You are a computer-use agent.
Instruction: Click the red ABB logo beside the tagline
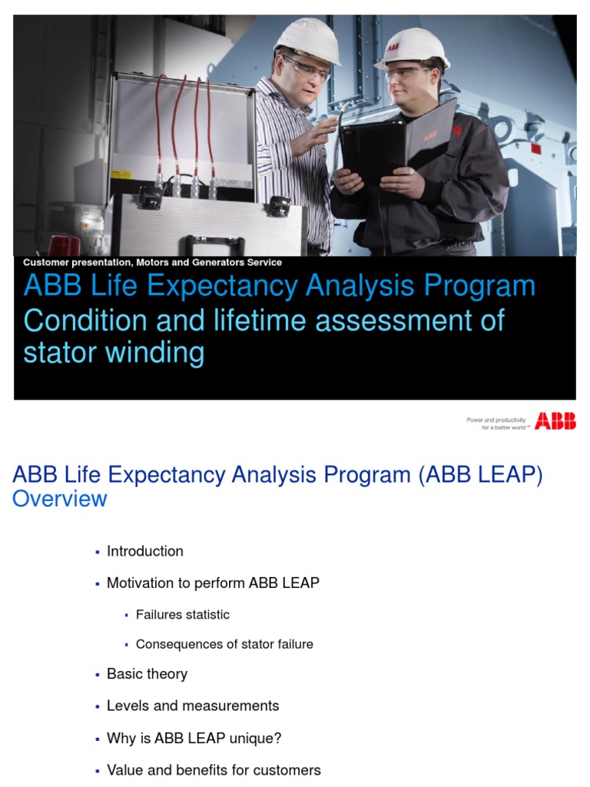click(x=555, y=421)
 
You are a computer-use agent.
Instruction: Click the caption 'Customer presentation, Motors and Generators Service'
click(x=152, y=263)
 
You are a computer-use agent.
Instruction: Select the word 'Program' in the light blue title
click(x=475, y=286)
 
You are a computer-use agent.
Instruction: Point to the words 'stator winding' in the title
click(x=114, y=353)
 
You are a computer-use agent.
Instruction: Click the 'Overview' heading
click(x=60, y=499)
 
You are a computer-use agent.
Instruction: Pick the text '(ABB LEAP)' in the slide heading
click(x=481, y=475)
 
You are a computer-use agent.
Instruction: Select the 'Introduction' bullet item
click(x=144, y=551)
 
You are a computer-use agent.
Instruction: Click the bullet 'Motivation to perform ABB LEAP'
click(x=213, y=583)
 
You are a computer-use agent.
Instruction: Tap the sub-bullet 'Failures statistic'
click(x=182, y=615)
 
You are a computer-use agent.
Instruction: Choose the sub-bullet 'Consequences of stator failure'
click(x=224, y=644)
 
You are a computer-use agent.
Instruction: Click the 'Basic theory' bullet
click(x=147, y=674)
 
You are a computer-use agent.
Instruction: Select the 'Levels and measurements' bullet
click(x=193, y=706)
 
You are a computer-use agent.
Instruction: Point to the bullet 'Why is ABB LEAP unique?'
click(x=194, y=739)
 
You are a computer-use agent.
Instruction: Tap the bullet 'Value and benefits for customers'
click(x=214, y=770)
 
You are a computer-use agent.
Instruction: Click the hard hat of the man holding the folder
click(x=413, y=48)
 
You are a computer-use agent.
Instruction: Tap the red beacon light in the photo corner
click(x=64, y=245)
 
